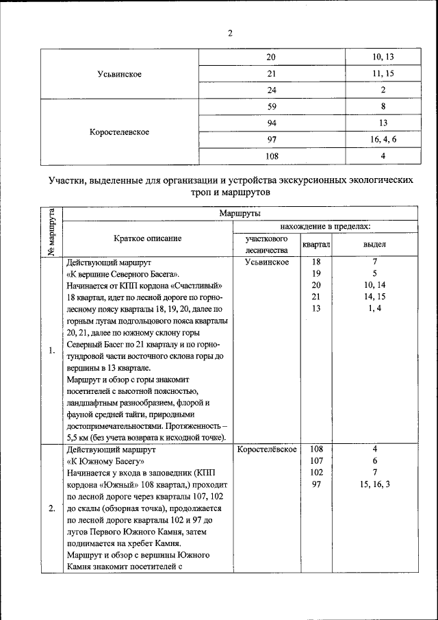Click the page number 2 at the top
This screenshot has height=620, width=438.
(x=231, y=34)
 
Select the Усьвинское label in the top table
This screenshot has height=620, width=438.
(x=120, y=74)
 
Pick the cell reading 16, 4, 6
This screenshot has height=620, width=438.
(x=383, y=139)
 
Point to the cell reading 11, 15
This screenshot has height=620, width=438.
(x=383, y=73)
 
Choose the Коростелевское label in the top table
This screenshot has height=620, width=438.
(x=120, y=132)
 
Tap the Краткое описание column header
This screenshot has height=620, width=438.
(x=148, y=238)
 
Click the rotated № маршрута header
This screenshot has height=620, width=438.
(x=51, y=232)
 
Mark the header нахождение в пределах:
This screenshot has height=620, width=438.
(x=326, y=225)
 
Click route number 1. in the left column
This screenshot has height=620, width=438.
(x=52, y=351)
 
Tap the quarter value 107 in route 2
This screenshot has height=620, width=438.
(x=316, y=461)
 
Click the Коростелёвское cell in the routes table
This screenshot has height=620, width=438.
(x=266, y=449)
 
